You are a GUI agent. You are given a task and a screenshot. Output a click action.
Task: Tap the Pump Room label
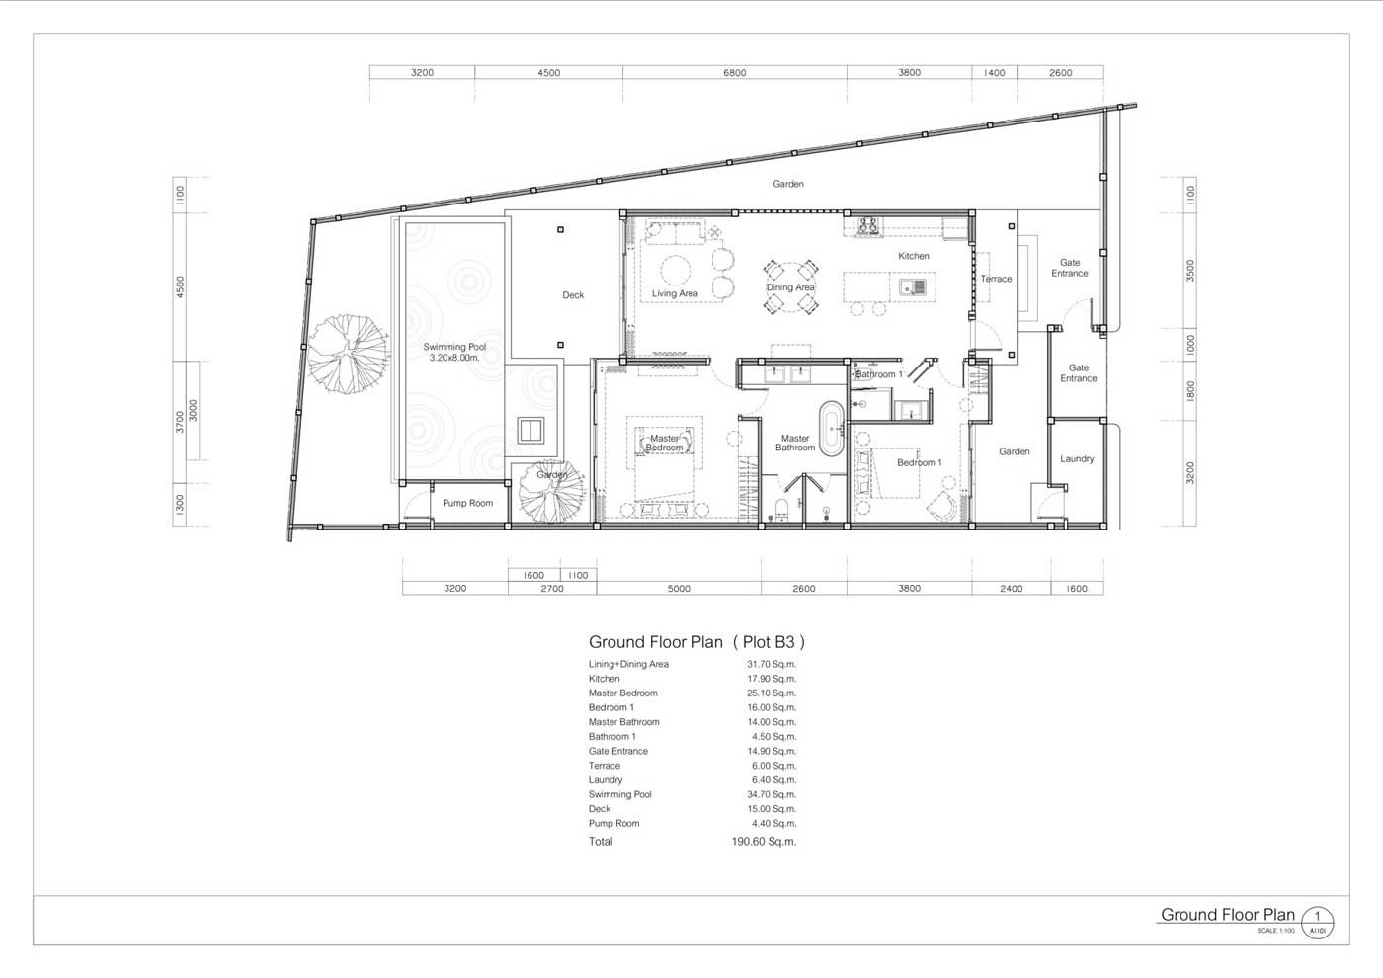pos(467,503)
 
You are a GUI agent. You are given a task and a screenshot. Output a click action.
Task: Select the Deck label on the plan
pos(573,295)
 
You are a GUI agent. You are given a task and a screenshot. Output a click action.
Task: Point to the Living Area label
pos(675,294)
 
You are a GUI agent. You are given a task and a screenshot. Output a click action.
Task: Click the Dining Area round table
pos(789,287)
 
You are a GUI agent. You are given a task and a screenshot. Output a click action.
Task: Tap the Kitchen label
pos(913,256)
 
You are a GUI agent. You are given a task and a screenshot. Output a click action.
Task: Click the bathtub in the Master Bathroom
pos(831,429)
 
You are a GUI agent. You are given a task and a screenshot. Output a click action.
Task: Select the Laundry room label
pos(1077,458)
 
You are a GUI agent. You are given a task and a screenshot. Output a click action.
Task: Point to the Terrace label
pos(996,279)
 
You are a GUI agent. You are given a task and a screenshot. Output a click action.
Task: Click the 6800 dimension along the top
pos(735,73)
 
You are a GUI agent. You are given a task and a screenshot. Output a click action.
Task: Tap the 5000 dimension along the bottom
pos(679,589)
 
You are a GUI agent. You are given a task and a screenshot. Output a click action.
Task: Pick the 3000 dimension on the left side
pos(194,411)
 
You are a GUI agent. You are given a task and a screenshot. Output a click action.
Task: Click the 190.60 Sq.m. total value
pos(764,841)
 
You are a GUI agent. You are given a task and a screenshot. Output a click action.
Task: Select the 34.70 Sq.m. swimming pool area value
pos(772,794)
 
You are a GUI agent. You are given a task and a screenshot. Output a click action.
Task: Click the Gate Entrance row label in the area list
pos(618,751)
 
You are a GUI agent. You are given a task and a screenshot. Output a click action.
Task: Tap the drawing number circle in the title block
pos(1318,922)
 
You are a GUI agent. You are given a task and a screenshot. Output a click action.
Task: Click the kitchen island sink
pos(912,286)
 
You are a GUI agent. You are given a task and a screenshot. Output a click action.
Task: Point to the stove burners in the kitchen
pos(867,226)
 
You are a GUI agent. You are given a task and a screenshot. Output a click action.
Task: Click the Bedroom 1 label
pos(920,462)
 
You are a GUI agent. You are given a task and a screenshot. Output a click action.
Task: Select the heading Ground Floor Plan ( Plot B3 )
pos(697,642)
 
